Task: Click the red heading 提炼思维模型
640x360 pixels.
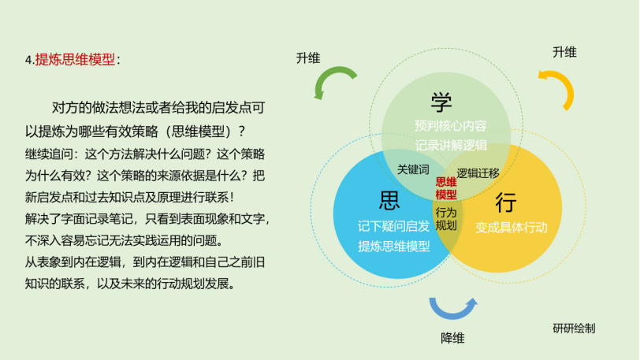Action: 75,60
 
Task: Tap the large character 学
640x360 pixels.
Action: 441,102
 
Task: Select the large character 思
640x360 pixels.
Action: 389,201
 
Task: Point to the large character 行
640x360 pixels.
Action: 506,202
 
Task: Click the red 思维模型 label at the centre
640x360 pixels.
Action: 446,188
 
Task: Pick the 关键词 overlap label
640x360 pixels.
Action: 413,169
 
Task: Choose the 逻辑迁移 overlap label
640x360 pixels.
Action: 478,173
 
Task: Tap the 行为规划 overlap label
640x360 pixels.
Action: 446,219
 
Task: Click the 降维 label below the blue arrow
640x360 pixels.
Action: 452,339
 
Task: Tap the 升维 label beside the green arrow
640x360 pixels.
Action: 308,58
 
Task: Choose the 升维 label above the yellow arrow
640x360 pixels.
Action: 564,52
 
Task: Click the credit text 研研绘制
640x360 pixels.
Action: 574,328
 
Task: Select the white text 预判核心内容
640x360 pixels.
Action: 451,126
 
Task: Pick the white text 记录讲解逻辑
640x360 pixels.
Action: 451,145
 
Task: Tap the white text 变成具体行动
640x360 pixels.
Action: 512,228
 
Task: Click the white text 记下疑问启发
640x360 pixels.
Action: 394,226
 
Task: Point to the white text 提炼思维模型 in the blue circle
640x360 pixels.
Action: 394,246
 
